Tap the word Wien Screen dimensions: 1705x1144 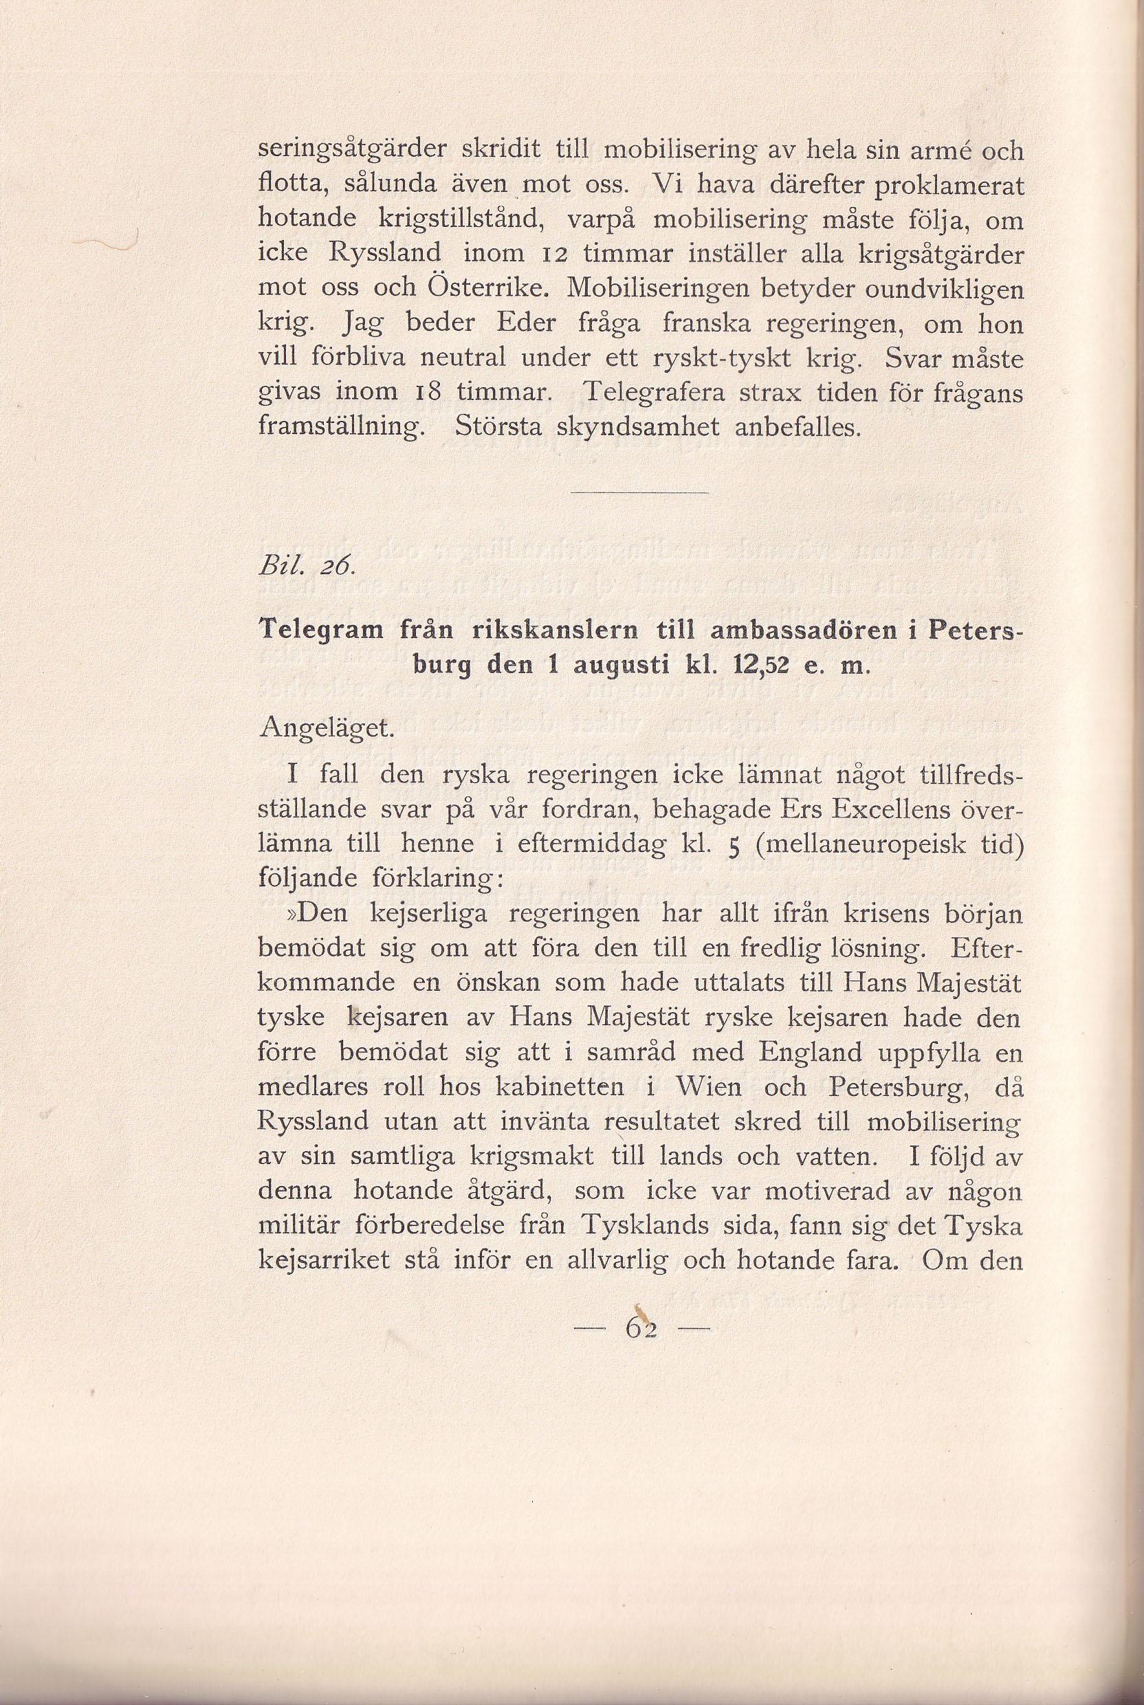(707, 1088)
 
